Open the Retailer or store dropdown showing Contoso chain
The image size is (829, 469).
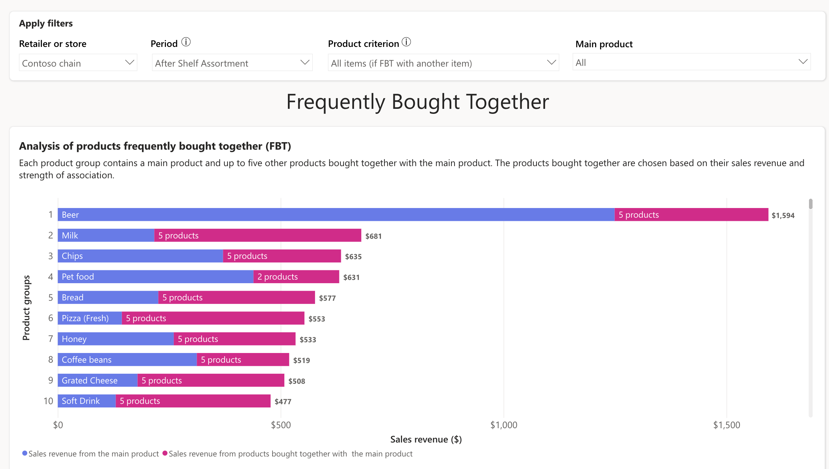click(x=78, y=63)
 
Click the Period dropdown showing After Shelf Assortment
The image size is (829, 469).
click(x=232, y=63)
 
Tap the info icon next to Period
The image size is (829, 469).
click(x=186, y=42)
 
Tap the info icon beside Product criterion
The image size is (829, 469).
click(x=406, y=42)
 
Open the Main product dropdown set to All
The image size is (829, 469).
click(x=691, y=62)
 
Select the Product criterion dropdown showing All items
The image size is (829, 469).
click(x=443, y=63)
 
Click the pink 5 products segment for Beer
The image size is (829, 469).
click(x=691, y=214)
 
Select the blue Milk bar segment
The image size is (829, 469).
click(x=106, y=235)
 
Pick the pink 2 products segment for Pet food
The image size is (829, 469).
click(x=296, y=277)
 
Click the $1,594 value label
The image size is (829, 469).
click(x=783, y=216)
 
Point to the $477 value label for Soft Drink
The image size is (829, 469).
click(x=283, y=402)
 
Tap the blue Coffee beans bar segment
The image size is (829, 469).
click(x=127, y=359)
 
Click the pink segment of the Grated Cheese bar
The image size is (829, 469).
click(x=211, y=380)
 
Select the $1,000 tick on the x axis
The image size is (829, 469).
click(x=504, y=425)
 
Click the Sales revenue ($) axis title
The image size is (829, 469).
click(x=426, y=439)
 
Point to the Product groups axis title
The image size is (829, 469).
click(x=26, y=308)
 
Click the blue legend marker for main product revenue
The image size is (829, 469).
click(x=25, y=453)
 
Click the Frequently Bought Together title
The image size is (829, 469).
click(x=417, y=102)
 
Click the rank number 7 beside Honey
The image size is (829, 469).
click(x=51, y=339)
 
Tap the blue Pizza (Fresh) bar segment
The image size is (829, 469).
click(x=89, y=318)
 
